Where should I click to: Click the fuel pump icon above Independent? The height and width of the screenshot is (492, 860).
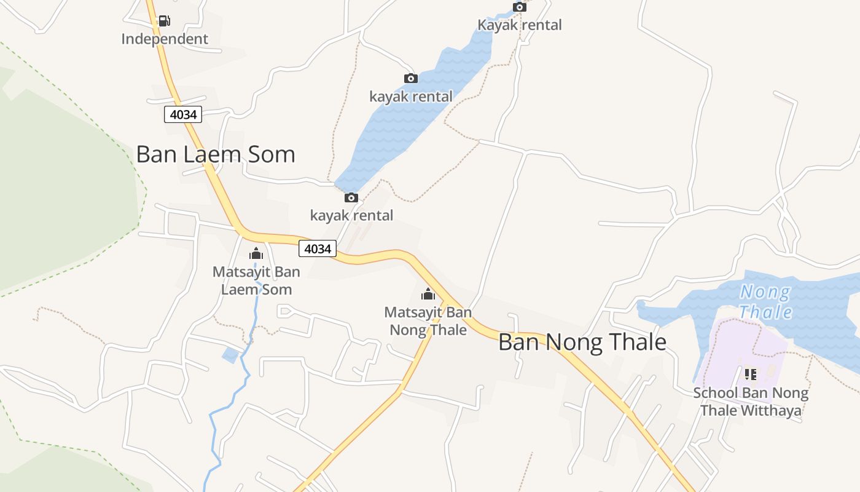pos(164,21)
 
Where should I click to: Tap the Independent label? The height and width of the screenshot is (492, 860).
pos(165,39)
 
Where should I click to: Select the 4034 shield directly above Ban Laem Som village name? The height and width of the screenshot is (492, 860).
pos(183,114)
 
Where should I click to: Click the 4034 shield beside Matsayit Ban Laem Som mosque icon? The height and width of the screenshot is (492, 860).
pos(318,248)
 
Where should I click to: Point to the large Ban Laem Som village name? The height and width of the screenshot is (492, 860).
pos(215,154)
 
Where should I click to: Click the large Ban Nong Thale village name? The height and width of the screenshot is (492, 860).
pos(582,342)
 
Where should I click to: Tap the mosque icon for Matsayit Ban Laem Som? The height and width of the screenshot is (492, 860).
pos(256,253)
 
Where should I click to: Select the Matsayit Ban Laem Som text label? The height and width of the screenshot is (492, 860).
pos(256,280)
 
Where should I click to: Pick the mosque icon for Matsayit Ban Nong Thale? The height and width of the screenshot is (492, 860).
pos(428,294)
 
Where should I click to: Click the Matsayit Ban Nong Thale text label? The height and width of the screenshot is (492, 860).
pos(428,321)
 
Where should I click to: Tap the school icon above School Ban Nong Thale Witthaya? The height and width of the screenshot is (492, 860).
pos(750,373)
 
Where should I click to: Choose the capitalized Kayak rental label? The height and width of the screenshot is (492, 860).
pos(520,25)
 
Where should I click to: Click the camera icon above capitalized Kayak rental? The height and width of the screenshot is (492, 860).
pos(520,7)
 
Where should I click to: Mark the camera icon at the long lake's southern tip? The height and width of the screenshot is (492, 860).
pos(351,197)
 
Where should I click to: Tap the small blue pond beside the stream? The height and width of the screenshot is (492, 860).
pos(230,355)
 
